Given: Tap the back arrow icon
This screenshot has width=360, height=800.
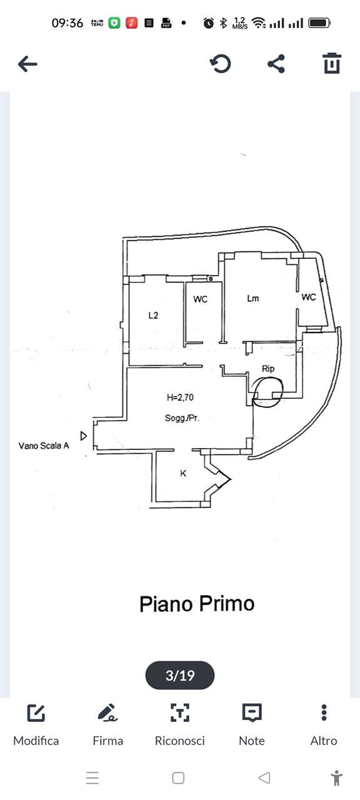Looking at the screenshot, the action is [x=27, y=64].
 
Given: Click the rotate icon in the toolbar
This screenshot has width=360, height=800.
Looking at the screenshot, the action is [x=221, y=64].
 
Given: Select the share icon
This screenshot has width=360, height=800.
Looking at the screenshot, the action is [x=276, y=64].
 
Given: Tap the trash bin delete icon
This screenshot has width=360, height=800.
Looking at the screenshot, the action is [x=332, y=63].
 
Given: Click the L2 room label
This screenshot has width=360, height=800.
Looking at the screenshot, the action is [x=153, y=316].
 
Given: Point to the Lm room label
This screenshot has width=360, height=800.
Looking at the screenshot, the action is [x=253, y=298].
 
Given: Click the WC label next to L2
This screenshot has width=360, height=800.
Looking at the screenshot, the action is [x=200, y=299].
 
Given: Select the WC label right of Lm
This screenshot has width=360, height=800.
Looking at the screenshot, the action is [x=309, y=297].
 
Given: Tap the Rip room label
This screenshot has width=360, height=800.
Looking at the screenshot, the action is [x=268, y=369].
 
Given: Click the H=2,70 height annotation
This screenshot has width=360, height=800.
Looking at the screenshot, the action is [x=181, y=397].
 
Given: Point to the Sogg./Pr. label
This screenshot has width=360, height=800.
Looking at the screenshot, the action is [x=182, y=418].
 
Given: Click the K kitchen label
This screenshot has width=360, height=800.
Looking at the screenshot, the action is [x=183, y=474].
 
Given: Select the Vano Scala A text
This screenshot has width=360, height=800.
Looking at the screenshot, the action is [x=44, y=446].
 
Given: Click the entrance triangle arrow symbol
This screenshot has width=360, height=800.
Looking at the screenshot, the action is [x=84, y=436].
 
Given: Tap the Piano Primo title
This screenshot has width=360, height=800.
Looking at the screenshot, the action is [x=197, y=604].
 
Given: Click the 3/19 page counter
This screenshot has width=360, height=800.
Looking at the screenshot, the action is [x=180, y=676].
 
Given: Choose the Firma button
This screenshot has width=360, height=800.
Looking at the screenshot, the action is [x=108, y=725].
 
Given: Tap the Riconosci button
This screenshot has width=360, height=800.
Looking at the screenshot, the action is [x=179, y=725].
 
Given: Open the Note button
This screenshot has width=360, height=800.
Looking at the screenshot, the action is [x=252, y=725].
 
